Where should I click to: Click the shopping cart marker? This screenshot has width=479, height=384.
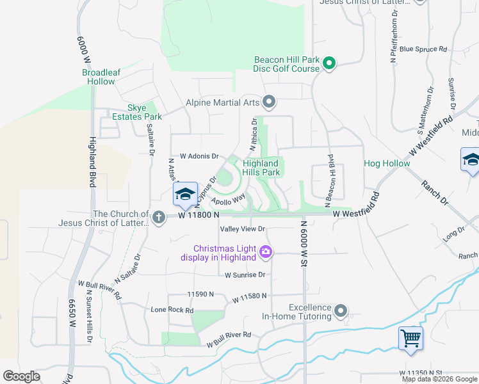(410, 338)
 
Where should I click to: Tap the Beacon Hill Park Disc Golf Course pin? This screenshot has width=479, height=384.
(329, 63)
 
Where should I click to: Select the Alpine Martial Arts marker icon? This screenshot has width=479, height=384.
(270, 102)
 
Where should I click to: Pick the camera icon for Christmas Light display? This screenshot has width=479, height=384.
(266, 253)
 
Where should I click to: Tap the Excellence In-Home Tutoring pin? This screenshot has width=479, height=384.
(341, 312)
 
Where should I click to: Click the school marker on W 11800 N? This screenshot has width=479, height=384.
(185, 195)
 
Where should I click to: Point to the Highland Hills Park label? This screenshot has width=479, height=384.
(261, 168)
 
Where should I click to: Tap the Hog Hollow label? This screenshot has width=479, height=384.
(387, 164)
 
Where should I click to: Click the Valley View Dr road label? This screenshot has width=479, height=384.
(242, 229)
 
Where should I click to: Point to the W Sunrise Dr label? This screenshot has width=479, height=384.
(245, 275)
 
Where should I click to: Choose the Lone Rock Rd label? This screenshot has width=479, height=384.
(172, 310)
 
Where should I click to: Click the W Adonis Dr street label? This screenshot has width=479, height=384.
(199, 156)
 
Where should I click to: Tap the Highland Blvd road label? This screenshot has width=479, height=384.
(93, 162)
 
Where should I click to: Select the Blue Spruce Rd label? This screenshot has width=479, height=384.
(423, 49)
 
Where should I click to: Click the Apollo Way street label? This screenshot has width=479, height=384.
(234, 198)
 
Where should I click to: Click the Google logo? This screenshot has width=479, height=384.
(22, 376)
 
